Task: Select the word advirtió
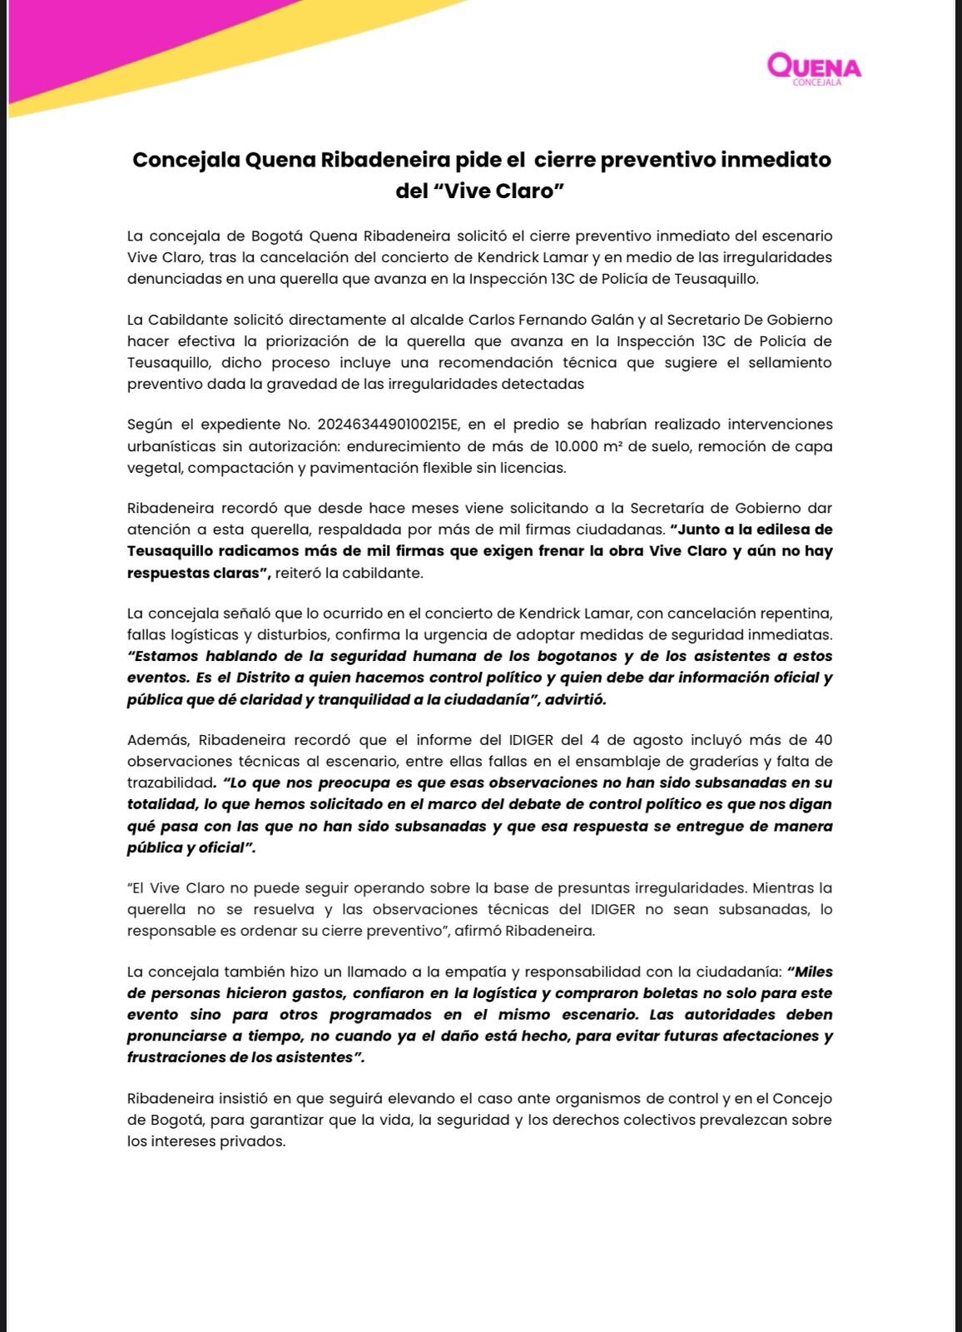575,699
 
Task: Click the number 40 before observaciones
822,740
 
